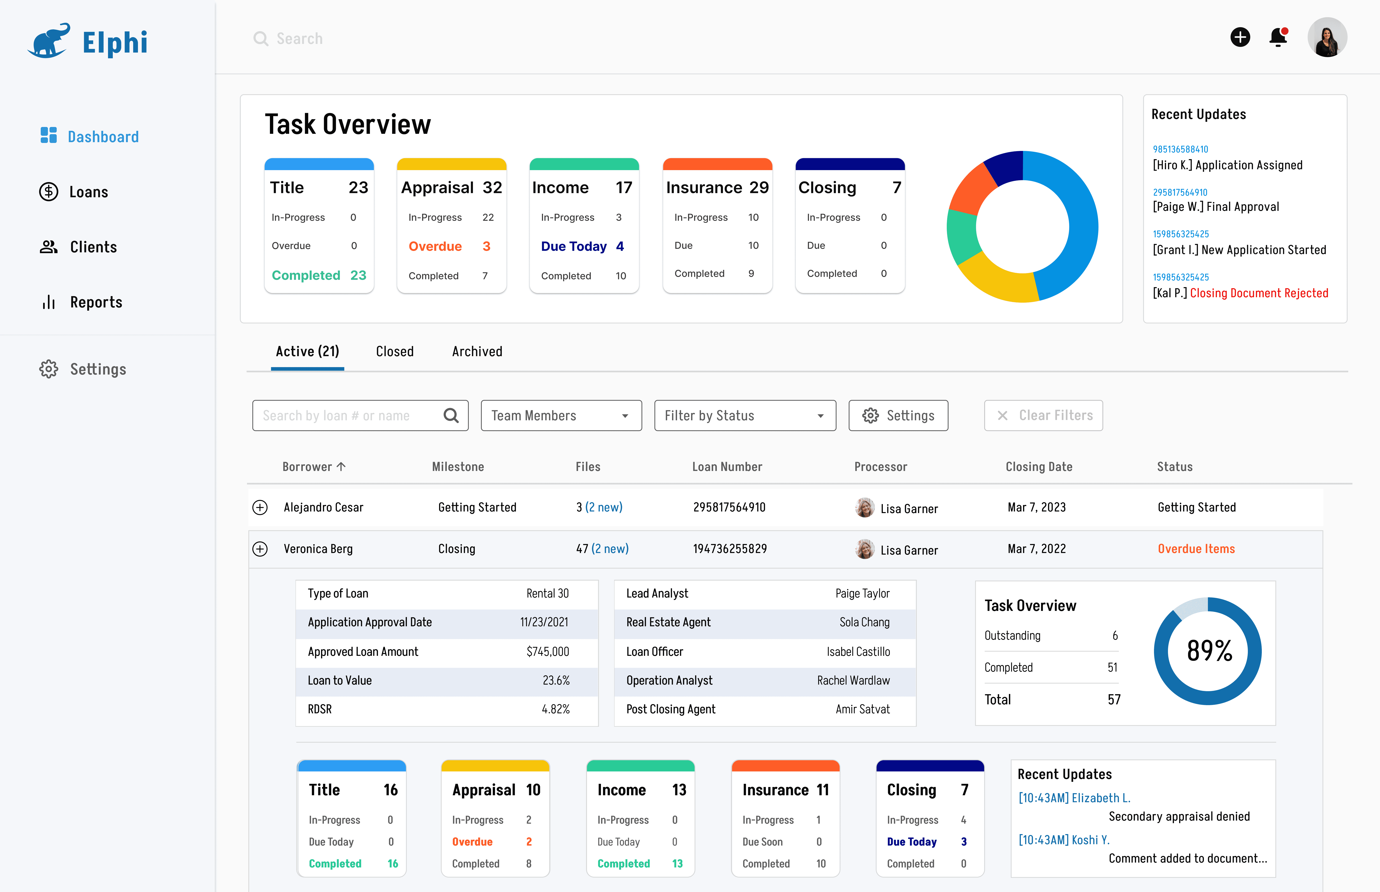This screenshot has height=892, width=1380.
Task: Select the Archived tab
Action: point(477,352)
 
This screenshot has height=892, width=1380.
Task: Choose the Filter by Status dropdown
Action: point(745,415)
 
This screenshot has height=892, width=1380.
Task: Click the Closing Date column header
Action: point(1039,467)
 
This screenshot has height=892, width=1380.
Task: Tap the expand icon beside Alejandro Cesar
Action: point(260,507)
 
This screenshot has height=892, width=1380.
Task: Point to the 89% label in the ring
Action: point(1209,650)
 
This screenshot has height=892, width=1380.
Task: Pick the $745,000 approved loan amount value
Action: point(547,652)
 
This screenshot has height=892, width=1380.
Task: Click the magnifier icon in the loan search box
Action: point(451,415)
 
